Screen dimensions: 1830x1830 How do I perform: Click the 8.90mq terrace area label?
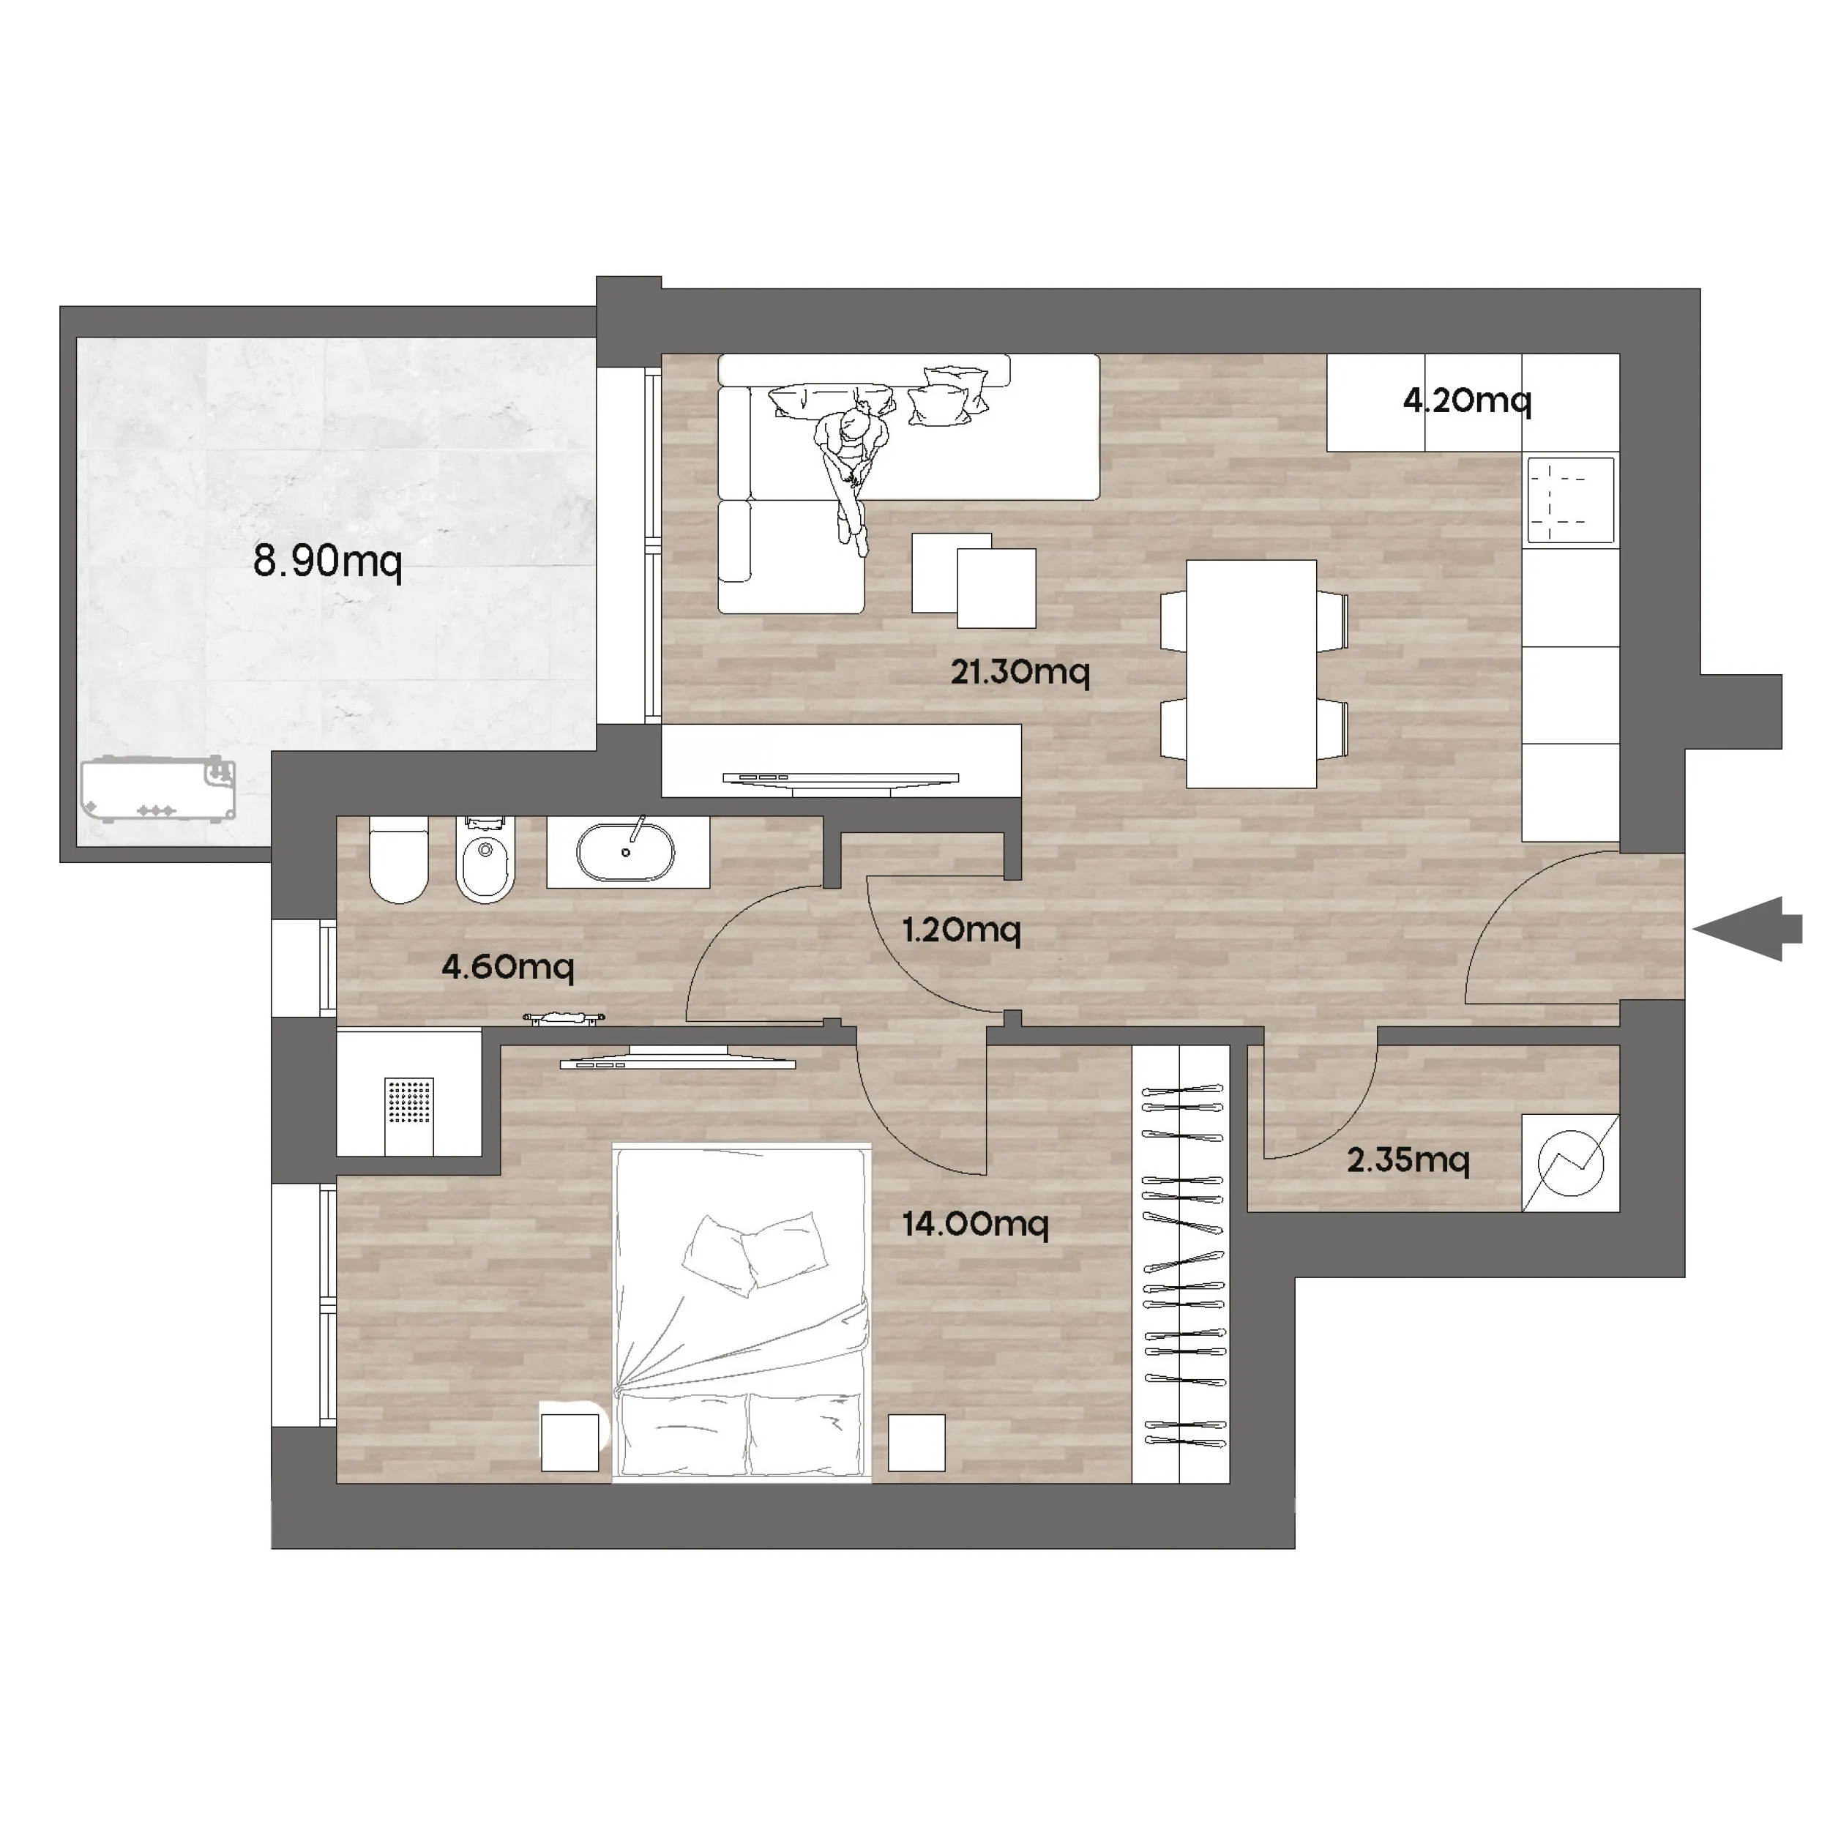tap(328, 561)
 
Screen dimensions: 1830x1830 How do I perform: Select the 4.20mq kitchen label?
tap(1466, 400)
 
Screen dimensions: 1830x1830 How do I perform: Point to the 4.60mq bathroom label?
tap(508, 967)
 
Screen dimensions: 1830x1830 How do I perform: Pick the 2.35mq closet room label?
tap(1408, 1159)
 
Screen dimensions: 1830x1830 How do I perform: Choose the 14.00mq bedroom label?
tap(976, 1224)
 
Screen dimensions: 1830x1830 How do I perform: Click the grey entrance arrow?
tap(1747, 928)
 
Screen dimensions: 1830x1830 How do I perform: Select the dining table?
tap(1251, 673)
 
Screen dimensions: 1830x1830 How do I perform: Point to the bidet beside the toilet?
tap(486, 858)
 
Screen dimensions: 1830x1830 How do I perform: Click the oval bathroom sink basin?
tap(626, 853)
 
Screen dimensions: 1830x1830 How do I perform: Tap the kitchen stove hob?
tap(1570, 500)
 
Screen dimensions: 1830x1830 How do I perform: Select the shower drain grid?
tap(409, 1101)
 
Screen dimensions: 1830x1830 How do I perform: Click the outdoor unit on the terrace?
tap(158, 789)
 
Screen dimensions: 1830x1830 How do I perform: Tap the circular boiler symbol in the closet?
tap(1570, 1162)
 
